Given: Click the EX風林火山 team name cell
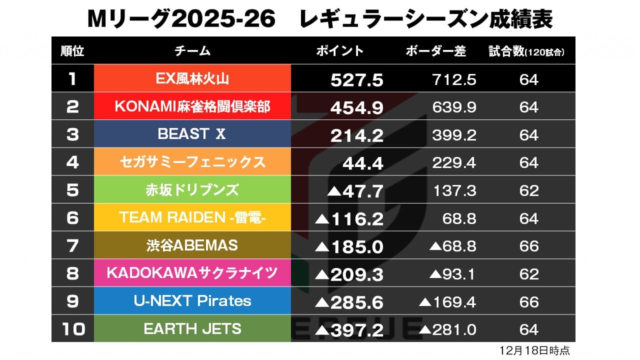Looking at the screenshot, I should pyautogui.click(x=192, y=78).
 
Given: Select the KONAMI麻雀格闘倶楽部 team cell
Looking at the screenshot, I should pyautogui.click(x=192, y=106).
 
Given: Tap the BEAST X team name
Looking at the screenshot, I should pyautogui.click(x=192, y=134).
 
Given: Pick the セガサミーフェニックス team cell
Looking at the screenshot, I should pyautogui.click(x=192, y=162).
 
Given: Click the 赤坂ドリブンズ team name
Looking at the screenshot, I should pyautogui.click(x=192, y=190).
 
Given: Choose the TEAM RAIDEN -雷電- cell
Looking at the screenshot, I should pyautogui.click(x=192, y=217).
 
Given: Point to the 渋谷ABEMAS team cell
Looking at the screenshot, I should pyautogui.click(x=192, y=245).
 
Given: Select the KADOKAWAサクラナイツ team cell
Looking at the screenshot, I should pyautogui.click(x=192, y=273).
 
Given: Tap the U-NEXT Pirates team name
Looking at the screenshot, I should pyautogui.click(x=192, y=301).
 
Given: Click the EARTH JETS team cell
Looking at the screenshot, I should pyautogui.click(x=192, y=329).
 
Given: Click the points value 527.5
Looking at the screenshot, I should pyautogui.click(x=356, y=80).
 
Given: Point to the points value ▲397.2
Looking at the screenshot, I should pyautogui.click(x=350, y=330).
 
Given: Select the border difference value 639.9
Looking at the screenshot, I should pyautogui.click(x=453, y=107).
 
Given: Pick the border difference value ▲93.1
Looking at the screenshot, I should pyautogui.click(x=452, y=274).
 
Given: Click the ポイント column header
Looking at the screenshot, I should pyautogui.click(x=340, y=51).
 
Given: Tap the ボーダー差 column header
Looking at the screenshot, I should pyautogui.click(x=436, y=51).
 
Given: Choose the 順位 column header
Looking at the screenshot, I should pyautogui.click(x=72, y=51).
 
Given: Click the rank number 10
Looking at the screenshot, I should pyautogui.click(x=72, y=329).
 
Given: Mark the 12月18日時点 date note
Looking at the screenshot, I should pyautogui.click(x=534, y=350).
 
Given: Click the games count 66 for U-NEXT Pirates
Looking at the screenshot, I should pyautogui.click(x=528, y=301).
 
